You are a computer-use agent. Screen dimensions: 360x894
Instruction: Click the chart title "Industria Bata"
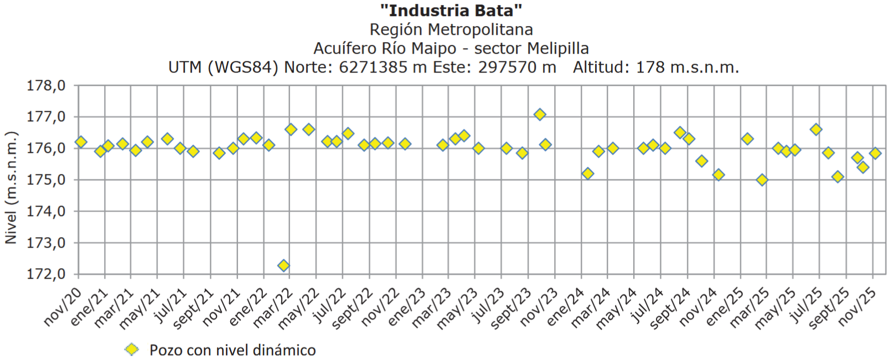(x=451, y=10)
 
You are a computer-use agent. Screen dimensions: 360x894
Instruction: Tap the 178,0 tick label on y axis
(x=46, y=86)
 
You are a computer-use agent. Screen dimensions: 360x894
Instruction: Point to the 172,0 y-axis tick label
(x=46, y=274)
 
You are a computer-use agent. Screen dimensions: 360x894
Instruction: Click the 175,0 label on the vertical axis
(x=46, y=180)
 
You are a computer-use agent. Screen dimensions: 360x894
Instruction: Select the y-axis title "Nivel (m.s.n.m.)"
(x=11, y=187)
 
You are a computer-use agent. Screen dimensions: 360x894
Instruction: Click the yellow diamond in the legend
(x=132, y=349)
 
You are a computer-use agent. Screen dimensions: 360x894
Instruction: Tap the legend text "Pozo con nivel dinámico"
(x=232, y=350)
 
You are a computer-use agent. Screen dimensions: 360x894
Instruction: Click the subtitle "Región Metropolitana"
(x=451, y=29)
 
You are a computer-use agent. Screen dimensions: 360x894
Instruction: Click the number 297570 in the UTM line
(x=510, y=68)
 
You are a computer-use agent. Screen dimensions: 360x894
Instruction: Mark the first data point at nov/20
(x=81, y=142)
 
